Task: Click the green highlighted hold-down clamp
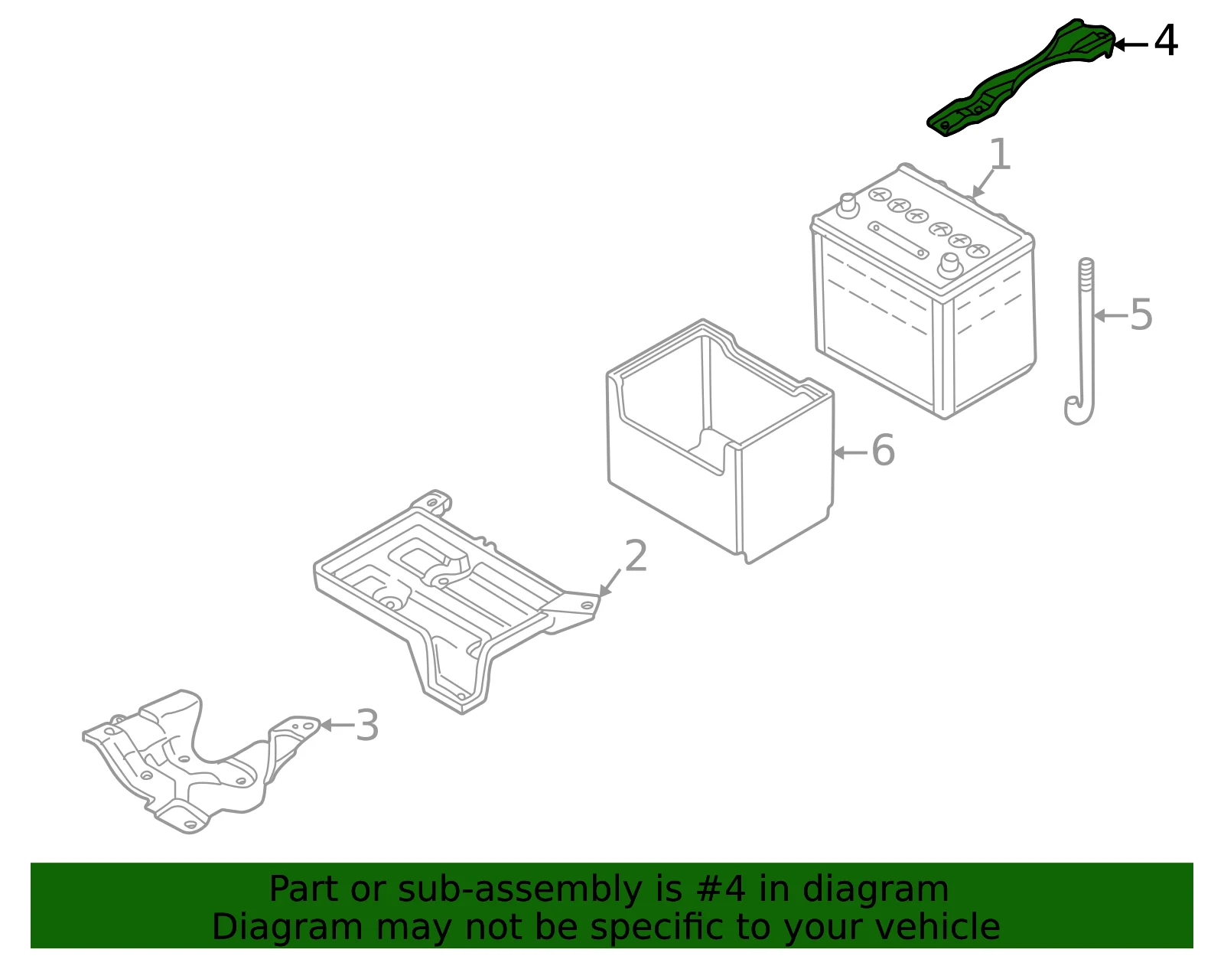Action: [x=1020, y=79]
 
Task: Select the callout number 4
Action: [x=1165, y=41]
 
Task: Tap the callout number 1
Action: [x=1000, y=154]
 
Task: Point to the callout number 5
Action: [x=1141, y=315]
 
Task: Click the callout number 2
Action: [x=636, y=556]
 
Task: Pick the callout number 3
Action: [x=366, y=725]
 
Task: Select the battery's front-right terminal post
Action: [x=950, y=266]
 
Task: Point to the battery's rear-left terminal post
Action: [x=847, y=205]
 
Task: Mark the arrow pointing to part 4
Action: [x=1131, y=44]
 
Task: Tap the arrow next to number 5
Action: [x=1111, y=315]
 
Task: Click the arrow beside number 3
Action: [x=337, y=725]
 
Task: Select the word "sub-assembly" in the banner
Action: [x=520, y=889]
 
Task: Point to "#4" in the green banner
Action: [x=721, y=889]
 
